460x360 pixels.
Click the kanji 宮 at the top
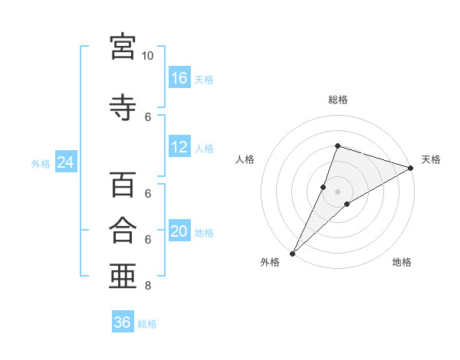tap(123, 47)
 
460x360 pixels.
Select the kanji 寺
tap(123, 107)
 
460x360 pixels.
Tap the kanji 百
tap(123, 185)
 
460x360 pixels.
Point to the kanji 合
tap(123, 230)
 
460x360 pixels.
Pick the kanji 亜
tap(123, 276)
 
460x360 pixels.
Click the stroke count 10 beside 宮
tap(147, 56)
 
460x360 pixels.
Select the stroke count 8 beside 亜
tap(148, 285)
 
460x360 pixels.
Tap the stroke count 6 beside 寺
tap(148, 117)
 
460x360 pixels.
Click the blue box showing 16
tap(179, 77)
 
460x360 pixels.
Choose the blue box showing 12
tap(179, 146)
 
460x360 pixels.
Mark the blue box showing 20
tap(179, 230)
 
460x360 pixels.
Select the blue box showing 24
tap(66, 162)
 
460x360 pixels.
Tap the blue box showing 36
tap(123, 321)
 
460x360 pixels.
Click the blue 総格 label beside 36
tap(147, 324)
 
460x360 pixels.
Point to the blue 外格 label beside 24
tap(41, 164)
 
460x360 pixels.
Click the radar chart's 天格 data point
tap(411, 168)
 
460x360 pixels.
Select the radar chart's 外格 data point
tap(292, 254)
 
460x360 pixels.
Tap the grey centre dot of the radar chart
tap(337, 191)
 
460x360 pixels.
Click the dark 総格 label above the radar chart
tap(338, 100)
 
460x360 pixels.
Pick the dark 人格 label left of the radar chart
tap(245, 159)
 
